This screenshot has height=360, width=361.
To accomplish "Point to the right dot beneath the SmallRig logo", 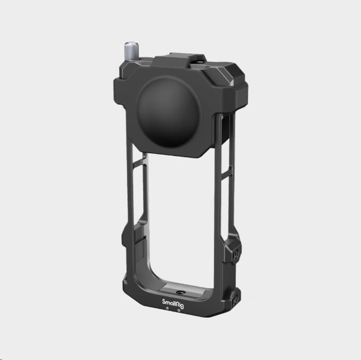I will (x=178, y=310).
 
